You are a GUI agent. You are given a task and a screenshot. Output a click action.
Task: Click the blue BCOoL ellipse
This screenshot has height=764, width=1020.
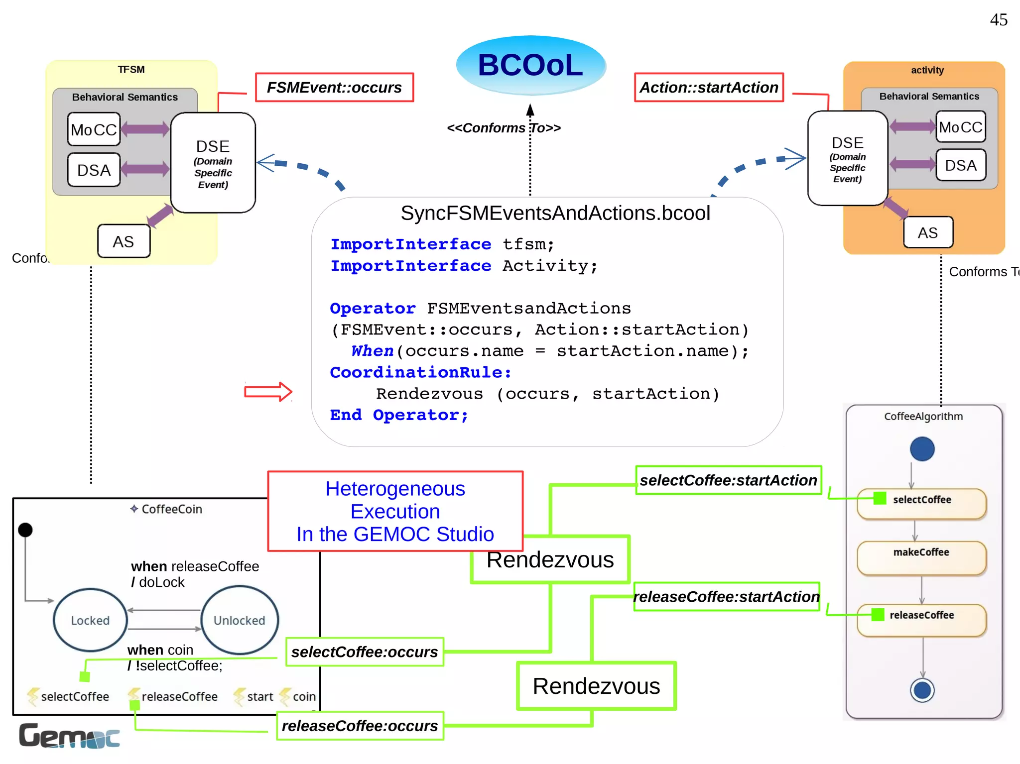(530, 65)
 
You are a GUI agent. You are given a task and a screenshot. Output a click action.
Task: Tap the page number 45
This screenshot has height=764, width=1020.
(998, 20)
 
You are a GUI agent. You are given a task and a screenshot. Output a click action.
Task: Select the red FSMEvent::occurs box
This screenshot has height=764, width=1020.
(334, 88)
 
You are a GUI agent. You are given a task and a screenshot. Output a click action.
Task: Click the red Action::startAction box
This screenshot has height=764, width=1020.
(708, 88)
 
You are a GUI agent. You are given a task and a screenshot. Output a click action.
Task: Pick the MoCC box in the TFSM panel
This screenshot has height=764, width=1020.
(94, 129)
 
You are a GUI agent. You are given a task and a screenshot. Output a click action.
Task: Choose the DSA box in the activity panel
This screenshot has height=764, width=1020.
(960, 165)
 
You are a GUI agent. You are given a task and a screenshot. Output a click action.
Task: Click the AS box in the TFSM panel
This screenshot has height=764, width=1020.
(124, 241)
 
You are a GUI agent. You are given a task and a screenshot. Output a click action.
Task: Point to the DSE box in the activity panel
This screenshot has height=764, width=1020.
(847, 158)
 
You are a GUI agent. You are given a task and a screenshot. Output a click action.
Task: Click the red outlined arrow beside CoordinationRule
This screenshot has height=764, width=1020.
(268, 392)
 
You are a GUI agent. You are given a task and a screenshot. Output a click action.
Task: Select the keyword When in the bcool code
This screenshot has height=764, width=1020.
(372, 351)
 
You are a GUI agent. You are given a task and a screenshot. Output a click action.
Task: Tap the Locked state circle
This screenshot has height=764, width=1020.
(90, 620)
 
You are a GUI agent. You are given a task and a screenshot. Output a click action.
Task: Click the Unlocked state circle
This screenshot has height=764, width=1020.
(240, 620)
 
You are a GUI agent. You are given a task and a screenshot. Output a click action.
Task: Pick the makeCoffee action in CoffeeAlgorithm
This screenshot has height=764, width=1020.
(921, 557)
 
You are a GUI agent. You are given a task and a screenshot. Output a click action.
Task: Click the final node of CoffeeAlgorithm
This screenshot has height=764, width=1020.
(922, 690)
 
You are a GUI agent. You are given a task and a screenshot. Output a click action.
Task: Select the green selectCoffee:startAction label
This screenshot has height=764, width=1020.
(728, 480)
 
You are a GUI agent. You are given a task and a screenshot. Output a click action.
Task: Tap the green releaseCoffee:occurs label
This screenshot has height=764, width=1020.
(360, 726)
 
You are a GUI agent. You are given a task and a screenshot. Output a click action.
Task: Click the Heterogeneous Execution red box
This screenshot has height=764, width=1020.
(395, 511)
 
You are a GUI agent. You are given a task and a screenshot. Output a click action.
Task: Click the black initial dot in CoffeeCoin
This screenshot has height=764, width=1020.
(25, 530)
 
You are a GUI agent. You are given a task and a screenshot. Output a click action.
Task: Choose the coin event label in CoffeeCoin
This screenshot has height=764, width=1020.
(303, 696)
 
